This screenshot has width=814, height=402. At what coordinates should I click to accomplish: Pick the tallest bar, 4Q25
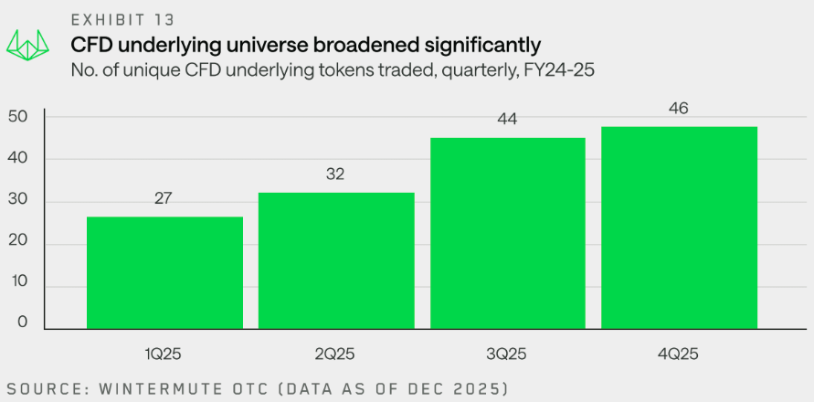coord(679,227)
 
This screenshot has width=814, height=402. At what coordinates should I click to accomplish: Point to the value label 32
coord(336,175)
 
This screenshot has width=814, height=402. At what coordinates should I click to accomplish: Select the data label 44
coord(508,120)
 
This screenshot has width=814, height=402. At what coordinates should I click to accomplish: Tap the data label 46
coord(679,109)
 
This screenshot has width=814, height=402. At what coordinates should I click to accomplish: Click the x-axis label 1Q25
coord(164,353)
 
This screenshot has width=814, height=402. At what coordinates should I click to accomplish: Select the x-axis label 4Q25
coord(679,353)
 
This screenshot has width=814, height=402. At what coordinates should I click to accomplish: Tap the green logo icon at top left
coord(27,43)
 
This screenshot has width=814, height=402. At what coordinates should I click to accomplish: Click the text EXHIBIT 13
coord(124,17)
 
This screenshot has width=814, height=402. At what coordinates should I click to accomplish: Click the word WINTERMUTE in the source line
coord(157,389)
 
